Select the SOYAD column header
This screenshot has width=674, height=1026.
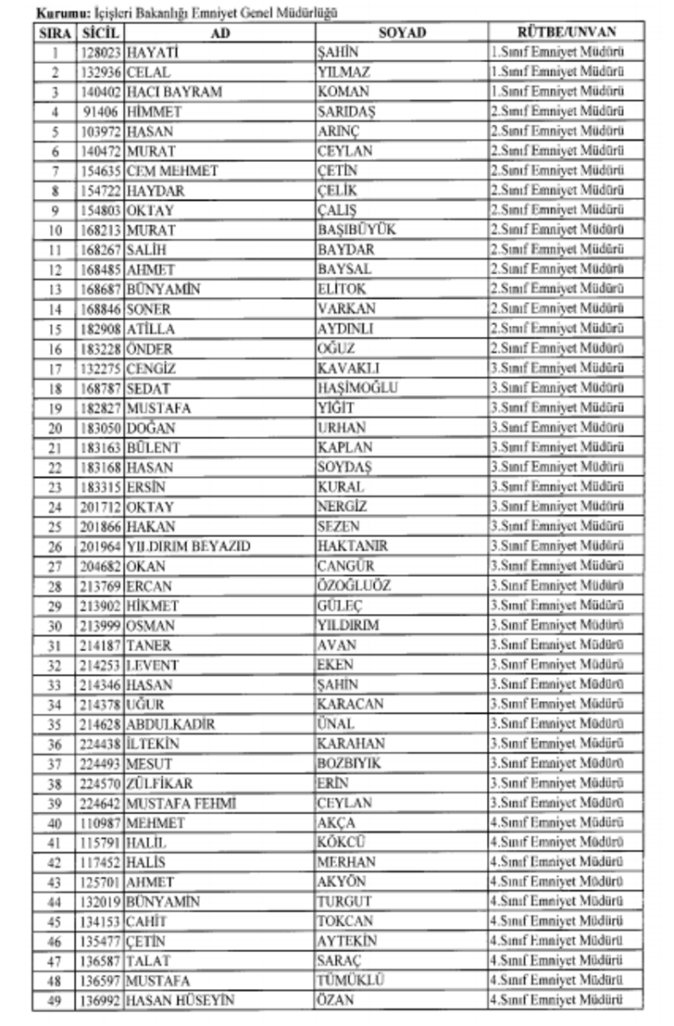tap(401, 32)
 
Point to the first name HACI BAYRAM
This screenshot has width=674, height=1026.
tap(169, 92)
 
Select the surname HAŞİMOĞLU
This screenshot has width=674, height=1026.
tap(357, 388)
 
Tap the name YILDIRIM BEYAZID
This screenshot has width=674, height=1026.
tap(188, 546)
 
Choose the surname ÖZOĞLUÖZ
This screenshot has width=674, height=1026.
tap(354, 585)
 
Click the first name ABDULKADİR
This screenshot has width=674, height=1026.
tap(171, 724)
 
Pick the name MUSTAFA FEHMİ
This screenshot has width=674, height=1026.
tap(181, 803)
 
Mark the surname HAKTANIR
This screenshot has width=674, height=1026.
tap(353, 546)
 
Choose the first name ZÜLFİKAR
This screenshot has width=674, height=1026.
tap(160, 783)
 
